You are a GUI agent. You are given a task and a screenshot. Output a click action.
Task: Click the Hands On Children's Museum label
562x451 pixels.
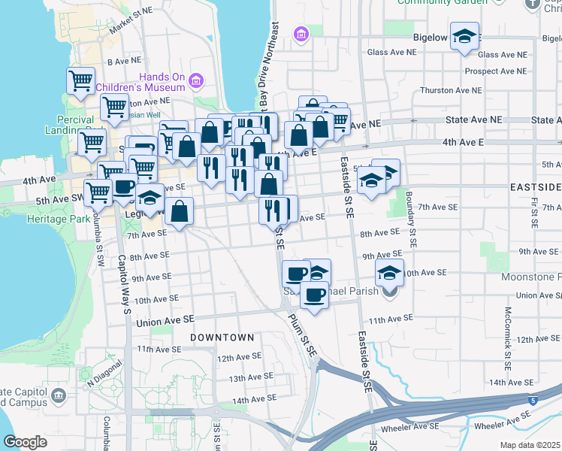tap(161, 82)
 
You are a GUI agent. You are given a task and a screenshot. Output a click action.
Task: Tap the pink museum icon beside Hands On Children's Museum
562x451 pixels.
tap(197, 80)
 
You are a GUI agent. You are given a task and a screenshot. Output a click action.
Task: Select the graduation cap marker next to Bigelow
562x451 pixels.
tap(465, 36)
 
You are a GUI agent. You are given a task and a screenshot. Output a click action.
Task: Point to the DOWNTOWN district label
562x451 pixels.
tap(222, 337)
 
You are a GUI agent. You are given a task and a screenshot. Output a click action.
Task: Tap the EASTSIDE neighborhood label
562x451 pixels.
tap(536, 186)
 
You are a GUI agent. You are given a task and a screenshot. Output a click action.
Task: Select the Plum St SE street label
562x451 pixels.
tap(303, 334)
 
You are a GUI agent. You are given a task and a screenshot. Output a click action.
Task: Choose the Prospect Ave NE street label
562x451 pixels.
tap(495, 71)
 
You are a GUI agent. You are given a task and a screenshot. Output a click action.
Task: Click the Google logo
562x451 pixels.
tap(25, 442)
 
